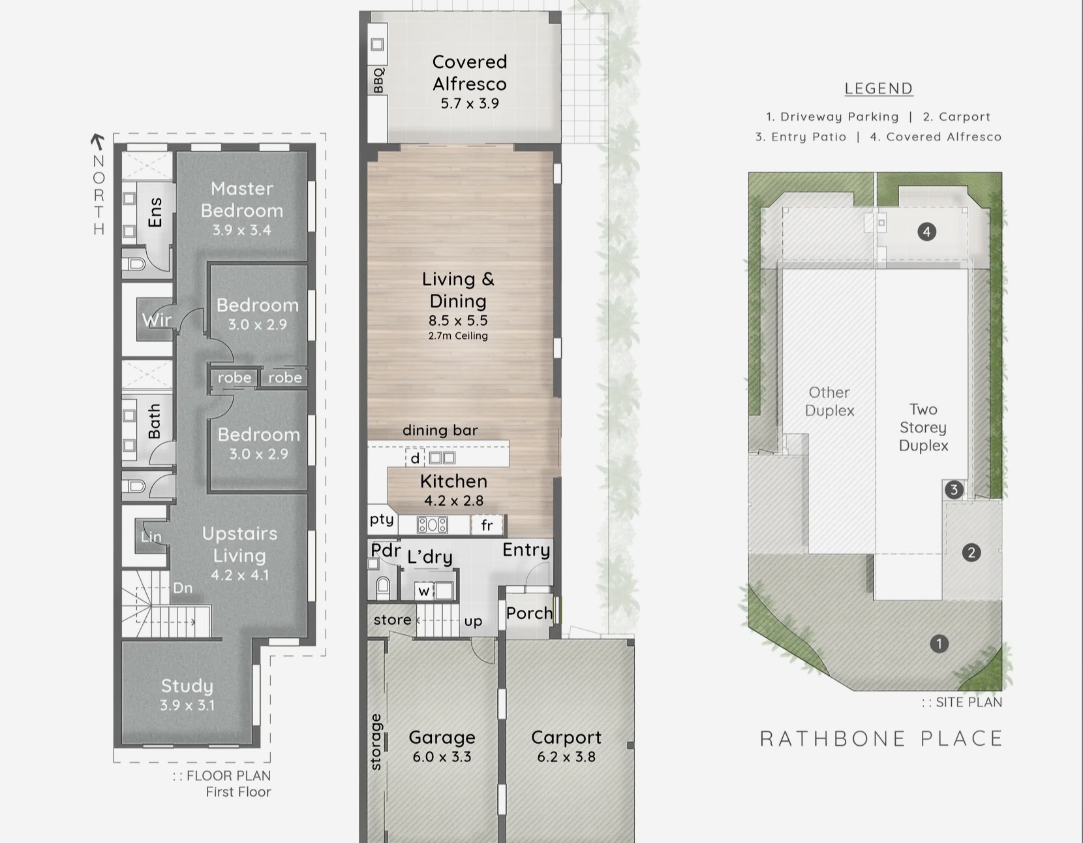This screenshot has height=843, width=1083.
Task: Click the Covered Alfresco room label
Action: click(470, 72)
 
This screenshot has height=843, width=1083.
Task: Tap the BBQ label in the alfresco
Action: click(378, 80)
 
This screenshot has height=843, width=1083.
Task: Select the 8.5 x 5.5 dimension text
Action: click(458, 320)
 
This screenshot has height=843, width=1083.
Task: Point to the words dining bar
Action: click(440, 430)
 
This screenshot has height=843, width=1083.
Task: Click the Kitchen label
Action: click(453, 481)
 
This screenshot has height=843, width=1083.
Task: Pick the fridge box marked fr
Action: click(487, 525)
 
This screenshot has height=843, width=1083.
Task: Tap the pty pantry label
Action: click(382, 520)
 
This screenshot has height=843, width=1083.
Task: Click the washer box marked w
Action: click(423, 592)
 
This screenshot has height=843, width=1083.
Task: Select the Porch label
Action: click(529, 613)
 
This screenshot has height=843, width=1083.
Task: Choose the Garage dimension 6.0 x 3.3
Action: click(442, 757)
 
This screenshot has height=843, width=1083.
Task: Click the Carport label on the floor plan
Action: click(566, 737)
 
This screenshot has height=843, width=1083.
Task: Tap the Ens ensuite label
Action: click(155, 212)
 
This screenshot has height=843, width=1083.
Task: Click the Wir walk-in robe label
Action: click(157, 320)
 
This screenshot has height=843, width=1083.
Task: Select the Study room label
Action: click(187, 686)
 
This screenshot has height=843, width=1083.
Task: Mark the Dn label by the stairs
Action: click(183, 588)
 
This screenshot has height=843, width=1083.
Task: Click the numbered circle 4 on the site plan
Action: click(926, 231)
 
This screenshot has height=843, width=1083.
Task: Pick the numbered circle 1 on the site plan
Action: click(939, 643)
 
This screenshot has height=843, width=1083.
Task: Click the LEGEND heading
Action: click(879, 88)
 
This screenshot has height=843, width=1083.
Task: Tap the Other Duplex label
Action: click(829, 402)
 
